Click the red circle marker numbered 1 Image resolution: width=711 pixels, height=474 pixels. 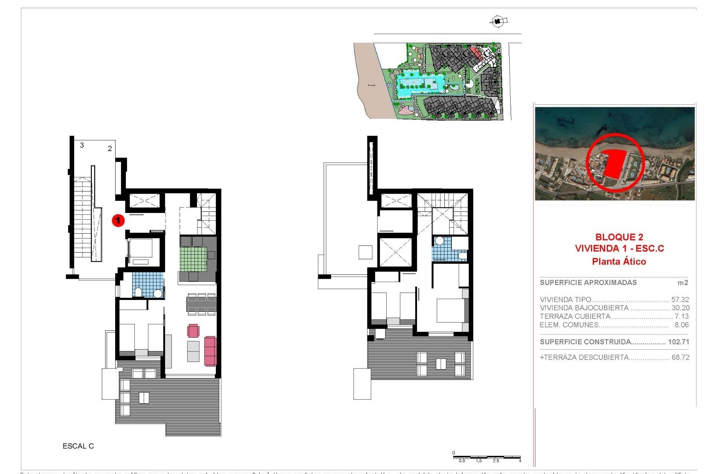118,221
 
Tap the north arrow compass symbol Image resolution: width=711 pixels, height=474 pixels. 498,21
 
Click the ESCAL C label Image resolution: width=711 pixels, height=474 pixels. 78,446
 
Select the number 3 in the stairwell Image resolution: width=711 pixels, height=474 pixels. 82,145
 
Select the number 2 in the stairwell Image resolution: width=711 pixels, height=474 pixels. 110,148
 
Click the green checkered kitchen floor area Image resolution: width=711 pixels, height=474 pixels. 193,259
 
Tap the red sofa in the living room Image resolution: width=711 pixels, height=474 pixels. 210,351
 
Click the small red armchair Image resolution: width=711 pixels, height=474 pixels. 193,330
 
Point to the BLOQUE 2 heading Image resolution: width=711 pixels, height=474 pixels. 619,237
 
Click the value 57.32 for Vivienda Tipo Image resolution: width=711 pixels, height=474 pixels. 680,300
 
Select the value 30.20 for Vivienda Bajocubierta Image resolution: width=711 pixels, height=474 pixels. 680,308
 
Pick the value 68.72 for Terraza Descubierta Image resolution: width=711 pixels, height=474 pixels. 680,357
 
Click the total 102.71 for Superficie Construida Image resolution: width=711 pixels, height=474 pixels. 678,342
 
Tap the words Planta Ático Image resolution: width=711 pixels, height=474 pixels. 619,261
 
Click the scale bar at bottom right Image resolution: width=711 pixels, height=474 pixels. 487,458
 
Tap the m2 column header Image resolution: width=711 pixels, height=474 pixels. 682,283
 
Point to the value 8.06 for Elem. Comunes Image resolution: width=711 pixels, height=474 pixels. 681,325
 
